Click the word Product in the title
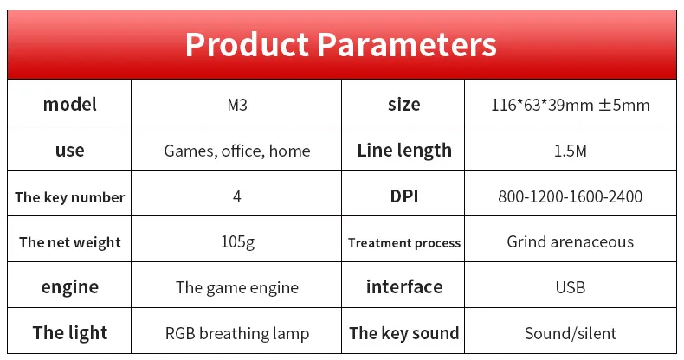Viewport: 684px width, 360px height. coord(248,44)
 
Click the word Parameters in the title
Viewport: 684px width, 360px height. coord(407,44)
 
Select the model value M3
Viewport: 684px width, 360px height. coord(237,105)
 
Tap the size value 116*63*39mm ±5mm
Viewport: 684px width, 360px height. coord(571,105)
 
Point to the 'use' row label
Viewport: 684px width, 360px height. coord(70,151)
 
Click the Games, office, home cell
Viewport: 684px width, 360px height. coord(237,151)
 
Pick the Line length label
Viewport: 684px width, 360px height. coord(404,151)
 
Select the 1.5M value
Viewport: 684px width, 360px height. coord(571,151)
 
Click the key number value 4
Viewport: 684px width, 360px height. coord(237,196)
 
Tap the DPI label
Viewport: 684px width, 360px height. coord(404,196)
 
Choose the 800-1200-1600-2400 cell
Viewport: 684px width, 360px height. coord(571,196)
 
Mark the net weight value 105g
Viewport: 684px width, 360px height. coord(237,242)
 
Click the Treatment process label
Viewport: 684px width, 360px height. coord(404,243)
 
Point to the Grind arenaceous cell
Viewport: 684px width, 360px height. coord(571,242)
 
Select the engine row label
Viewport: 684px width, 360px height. coord(70,287)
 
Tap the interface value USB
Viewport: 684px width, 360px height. coord(571,287)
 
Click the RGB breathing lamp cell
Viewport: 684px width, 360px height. coord(237,334)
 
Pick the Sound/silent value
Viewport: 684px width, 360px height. coord(571,333)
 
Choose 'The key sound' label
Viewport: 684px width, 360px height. coord(404,333)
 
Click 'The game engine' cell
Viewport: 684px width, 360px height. coord(237,288)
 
